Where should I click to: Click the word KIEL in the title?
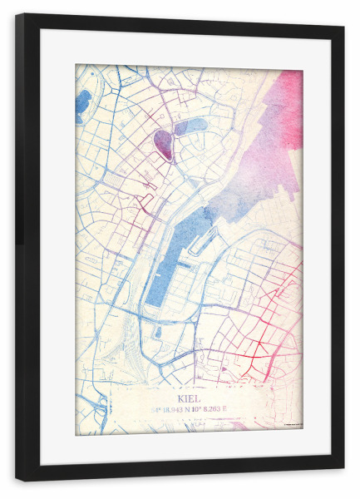click(189, 398)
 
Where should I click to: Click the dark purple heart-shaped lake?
click(164, 144)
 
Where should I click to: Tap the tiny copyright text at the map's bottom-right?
click(290, 430)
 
